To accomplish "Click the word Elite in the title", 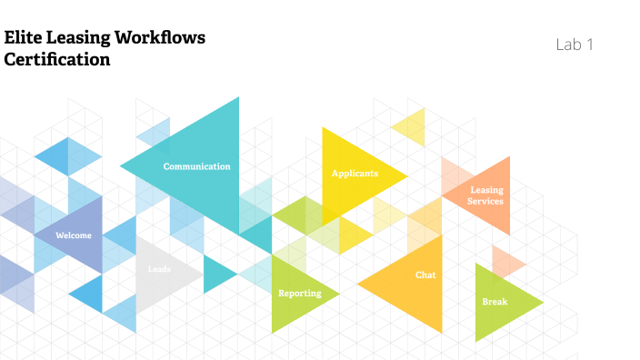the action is pos(22,38).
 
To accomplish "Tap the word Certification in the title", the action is pos(57,60).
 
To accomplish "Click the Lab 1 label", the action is pos(575,44).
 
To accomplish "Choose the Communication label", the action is pos(196,166).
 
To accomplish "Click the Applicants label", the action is pos(355,173).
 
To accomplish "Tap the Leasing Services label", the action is pos(485,195).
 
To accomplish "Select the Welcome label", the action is pos(74,235).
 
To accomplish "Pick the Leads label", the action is pos(159,268).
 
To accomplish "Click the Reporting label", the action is pos(299,293).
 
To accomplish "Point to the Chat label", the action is pos(425,274).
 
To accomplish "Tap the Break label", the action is pos(495,301).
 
